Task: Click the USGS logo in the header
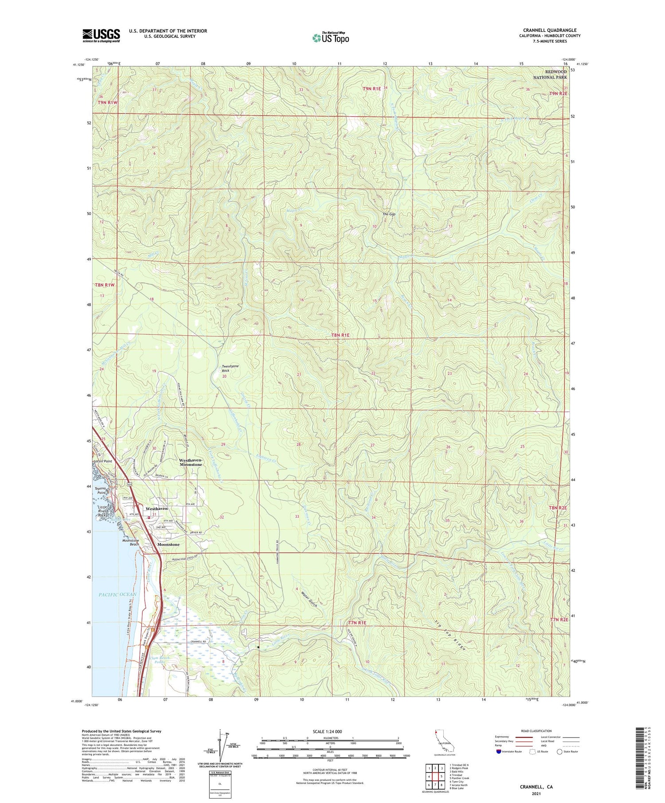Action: pyautogui.click(x=101, y=35)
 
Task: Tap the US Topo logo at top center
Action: pyautogui.click(x=330, y=38)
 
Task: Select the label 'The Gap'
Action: pyautogui.click(x=389, y=214)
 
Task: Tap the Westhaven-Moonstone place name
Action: pyautogui.click(x=191, y=462)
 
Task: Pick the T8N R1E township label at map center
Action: pyautogui.click(x=340, y=335)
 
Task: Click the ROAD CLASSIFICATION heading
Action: pyautogui.click(x=536, y=731)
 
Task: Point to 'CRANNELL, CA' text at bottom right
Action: pyautogui.click(x=536, y=787)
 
